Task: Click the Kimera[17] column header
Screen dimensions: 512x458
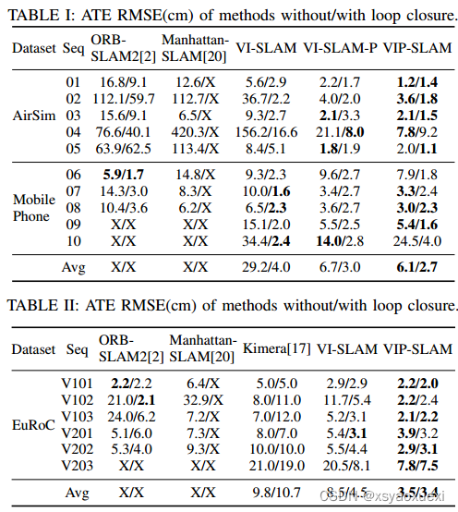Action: [x=273, y=348]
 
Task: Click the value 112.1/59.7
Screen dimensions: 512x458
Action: [x=118, y=98]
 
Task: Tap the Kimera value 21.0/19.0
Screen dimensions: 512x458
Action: [x=273, y=465]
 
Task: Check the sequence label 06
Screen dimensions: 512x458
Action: [x=73, y=176]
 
